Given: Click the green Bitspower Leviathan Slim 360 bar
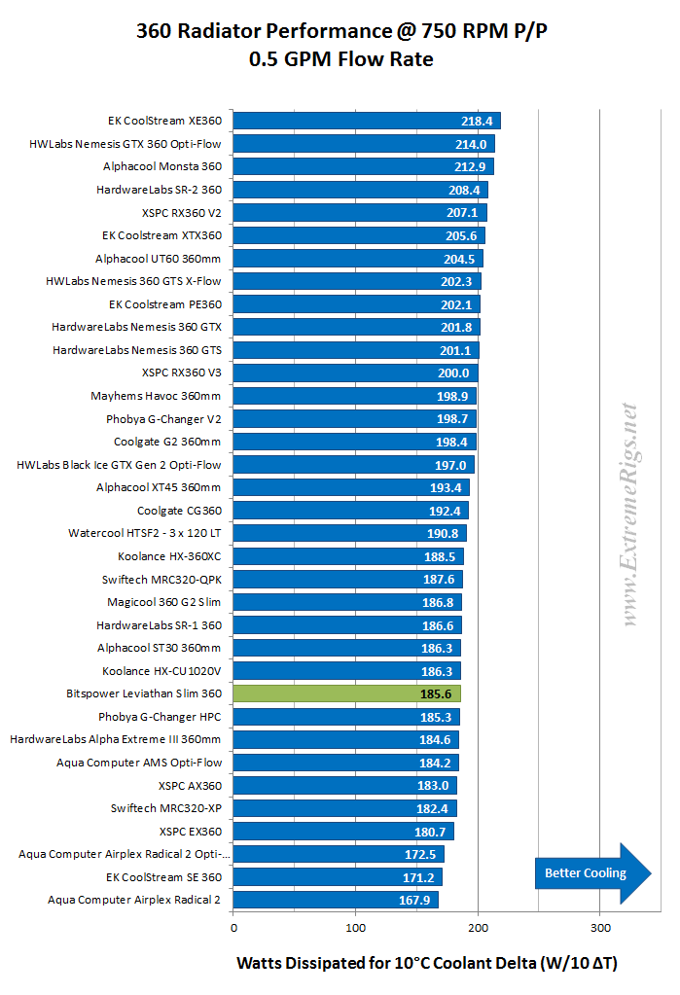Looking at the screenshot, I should pos(346,693).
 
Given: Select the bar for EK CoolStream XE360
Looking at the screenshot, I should pos(367,122).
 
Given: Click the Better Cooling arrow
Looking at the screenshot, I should pos(592,872).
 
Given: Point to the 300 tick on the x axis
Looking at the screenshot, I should pos(600,927).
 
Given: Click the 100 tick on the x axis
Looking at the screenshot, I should pos(356,927).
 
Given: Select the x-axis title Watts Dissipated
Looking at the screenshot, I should pos(427,963).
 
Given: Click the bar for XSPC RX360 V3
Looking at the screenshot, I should pos(355,373).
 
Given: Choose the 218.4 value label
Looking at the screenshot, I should pos(480,122).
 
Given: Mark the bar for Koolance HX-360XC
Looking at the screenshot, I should pos(348,556).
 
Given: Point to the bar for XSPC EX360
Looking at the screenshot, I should pos(343,832).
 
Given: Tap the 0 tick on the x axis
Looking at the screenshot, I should pos(233,927).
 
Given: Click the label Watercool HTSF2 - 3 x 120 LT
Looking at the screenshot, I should pos(145,533).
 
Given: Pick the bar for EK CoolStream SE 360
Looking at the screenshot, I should pos(338,877).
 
